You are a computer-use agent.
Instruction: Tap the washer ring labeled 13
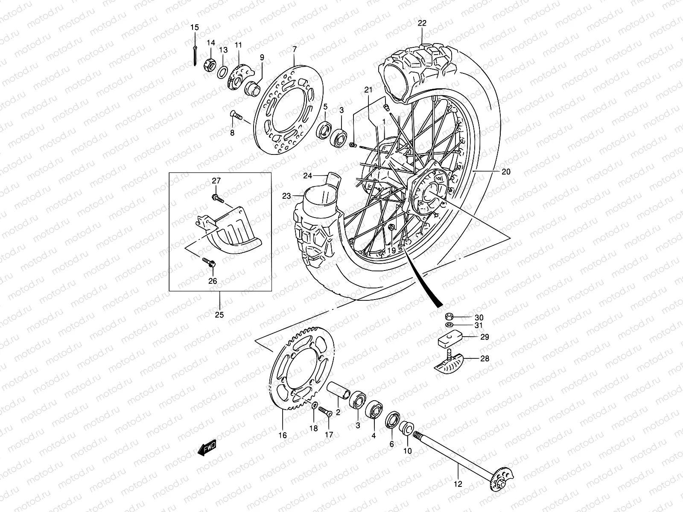coord(222,72)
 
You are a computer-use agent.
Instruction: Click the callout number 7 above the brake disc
coord(294,50)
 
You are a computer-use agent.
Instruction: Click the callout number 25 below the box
coord(219,315)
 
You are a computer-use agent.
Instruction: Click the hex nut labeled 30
coord(449,317)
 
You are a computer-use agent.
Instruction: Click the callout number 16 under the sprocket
coord(283,436)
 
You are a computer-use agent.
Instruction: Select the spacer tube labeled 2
coord(339,390)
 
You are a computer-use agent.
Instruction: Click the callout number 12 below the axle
coord(458,485)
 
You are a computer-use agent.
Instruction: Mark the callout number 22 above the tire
coord(422,24)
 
